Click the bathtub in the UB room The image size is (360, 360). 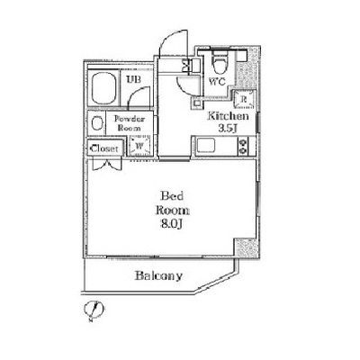point(104,88)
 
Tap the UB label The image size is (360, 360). point(134,79)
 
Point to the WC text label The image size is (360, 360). point(217,82)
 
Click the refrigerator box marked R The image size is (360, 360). point(245,99)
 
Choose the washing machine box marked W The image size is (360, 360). point(139,146)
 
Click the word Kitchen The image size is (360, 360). point(229,116)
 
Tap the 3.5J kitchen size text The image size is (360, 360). point(228,129)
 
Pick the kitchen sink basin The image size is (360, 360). point(206,146)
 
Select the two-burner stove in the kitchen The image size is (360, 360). point(243,146)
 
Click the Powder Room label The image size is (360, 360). point(130,123)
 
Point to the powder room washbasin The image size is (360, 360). point(96,123)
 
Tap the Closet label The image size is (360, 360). point(104,148)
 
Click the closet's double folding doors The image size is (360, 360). point(107,165)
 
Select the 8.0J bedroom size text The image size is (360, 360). point(172,224)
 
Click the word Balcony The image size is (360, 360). point(158,276)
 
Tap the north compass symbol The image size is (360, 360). point(94,310)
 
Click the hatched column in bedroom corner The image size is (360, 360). point(246,247)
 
